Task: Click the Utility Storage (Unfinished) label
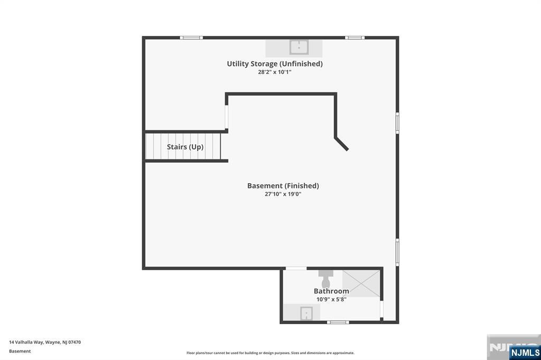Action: (275, 64)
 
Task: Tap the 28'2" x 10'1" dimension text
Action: (275, 72)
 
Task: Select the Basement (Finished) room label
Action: (283, 186)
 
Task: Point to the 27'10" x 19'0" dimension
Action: (283, 194)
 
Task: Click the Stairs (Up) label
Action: (185, 147)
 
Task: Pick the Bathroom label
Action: (331, 291)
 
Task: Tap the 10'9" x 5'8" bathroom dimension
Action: (331, 299)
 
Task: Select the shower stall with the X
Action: (361, 283)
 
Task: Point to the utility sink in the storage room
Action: (299, 48)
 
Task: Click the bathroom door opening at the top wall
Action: (296, 269)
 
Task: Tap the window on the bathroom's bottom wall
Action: (338, 322)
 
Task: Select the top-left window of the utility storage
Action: (191, 37)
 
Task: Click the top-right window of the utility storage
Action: (355, 37)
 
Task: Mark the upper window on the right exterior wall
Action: (397, 122)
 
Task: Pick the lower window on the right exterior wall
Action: (397, 252)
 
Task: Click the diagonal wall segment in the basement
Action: (342, 144)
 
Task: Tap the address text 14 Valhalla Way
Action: (45, 342)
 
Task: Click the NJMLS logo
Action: (524, 352)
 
